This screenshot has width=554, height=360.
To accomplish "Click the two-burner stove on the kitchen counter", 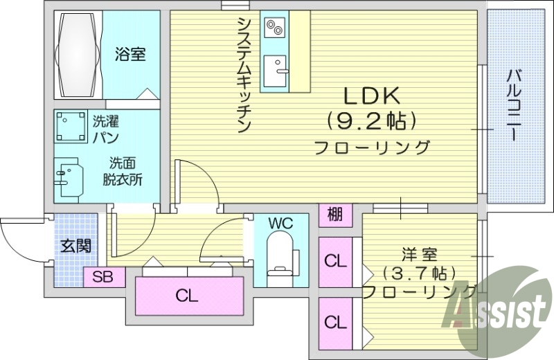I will tap(274, 28).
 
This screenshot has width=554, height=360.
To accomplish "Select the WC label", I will tap(281, 223).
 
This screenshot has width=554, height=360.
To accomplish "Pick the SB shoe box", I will tap(103, 278).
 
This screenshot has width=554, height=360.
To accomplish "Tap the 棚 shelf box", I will tap(334, 215).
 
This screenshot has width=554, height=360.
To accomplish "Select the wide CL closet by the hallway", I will tap(186, 296).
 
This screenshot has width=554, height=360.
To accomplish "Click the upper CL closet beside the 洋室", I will tap(335, 262).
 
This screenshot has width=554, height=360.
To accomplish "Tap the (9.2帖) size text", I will tap(372, 121).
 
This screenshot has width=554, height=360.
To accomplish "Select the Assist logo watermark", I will tap(498, 312).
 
